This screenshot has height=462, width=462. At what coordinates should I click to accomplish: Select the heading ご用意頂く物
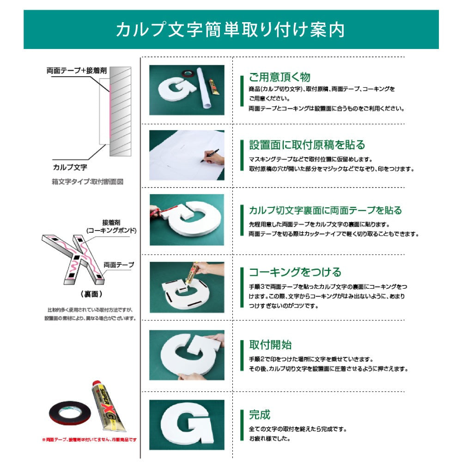280,77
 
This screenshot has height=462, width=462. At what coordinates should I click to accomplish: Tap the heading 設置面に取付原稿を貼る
307,145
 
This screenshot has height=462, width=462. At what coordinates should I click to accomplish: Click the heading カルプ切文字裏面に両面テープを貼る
325,211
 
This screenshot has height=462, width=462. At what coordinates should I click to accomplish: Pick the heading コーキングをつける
295,272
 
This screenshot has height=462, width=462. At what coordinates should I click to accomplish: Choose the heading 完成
260,414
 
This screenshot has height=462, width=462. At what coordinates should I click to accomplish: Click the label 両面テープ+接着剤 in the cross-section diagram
77,71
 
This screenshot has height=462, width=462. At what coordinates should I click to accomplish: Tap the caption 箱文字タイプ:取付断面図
87,182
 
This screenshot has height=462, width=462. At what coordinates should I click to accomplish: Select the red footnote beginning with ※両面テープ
89,440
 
